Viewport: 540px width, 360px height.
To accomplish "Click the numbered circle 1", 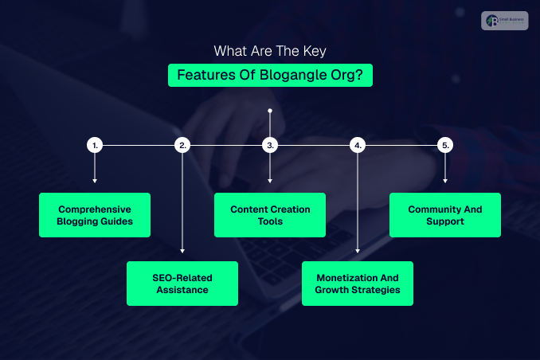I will coord(95,145).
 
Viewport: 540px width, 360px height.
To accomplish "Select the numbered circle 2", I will coord(182,145).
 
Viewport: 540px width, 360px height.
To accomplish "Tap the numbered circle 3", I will coord(270,145).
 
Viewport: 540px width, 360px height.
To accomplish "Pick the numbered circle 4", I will coord(358,145).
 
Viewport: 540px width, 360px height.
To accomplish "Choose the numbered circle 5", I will coord(445,145).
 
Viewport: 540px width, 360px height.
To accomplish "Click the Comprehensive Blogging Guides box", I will coord(95,215).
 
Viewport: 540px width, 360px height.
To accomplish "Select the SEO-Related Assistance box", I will coord(182,284).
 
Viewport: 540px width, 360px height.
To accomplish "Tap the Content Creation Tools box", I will coord(270,215).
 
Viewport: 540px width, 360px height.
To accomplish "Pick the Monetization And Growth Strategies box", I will coord(358,284).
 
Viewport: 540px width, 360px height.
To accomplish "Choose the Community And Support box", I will coord(445,215).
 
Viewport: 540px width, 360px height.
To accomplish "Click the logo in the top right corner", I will coord(505,21).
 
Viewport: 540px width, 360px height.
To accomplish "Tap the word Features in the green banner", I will coord(204,76).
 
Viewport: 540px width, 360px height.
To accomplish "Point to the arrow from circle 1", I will coord(95,169).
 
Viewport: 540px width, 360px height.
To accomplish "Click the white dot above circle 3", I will coord(270,110).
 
